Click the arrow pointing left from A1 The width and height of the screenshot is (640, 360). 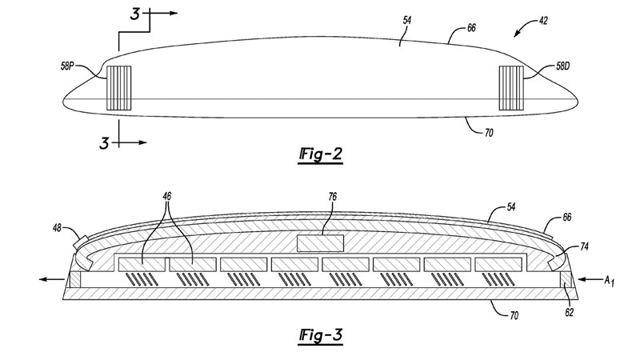(588, 280)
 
